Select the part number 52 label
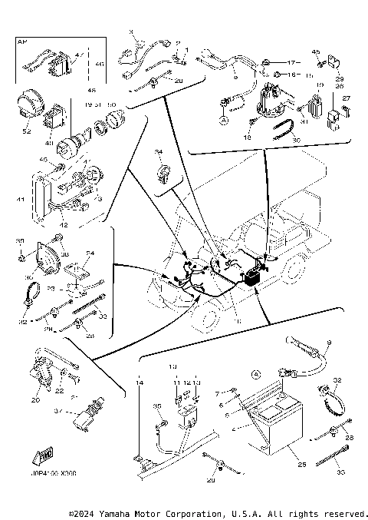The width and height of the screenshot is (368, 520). tap(28, 131)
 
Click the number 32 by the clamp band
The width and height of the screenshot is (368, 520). tap(337, 380)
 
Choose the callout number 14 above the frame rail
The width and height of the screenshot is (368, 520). tap(140, 382)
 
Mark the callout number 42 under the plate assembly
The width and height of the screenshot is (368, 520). tap(64, 226)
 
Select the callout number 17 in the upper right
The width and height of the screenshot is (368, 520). tap(291, 61)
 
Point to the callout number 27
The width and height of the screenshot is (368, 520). tap(345, 98)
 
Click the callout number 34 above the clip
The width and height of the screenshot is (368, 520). tap(159, 152)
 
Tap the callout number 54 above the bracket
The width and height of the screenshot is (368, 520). tap(90, 253)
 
